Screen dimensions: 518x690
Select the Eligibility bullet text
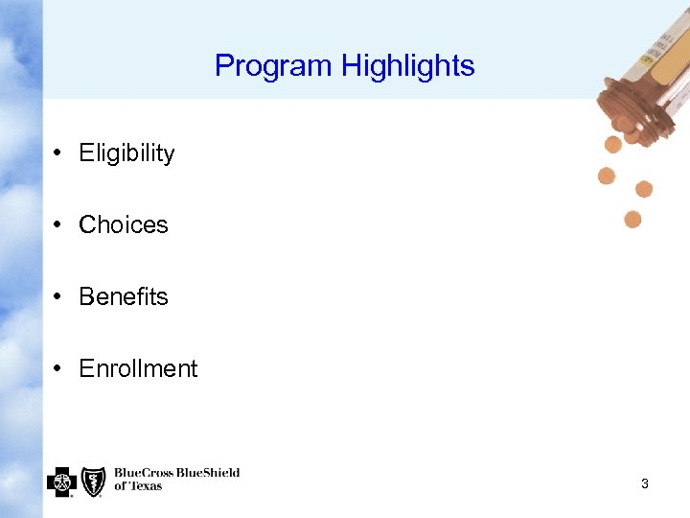(126, 153)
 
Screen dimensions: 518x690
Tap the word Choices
(123, 225)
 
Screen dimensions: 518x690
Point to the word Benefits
(123, 297)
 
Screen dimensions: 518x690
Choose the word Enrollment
(138, 369)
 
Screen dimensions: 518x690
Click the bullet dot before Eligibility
(58, 153)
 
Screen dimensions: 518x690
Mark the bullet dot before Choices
(58, 225)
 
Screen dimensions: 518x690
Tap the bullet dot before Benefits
(58, 297)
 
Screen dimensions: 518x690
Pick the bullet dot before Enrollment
(58, 369)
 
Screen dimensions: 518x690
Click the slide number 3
(645, 484)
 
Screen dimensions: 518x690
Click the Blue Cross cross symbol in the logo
(61, 481)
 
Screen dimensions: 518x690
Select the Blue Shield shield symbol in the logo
(93, 481)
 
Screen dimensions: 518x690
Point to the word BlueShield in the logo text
(206, 473)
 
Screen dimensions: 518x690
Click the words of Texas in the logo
(138, 486)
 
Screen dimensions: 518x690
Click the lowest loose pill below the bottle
(632, 220)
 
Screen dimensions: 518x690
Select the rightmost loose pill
(644, 189)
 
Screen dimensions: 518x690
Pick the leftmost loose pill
(607, 176)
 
